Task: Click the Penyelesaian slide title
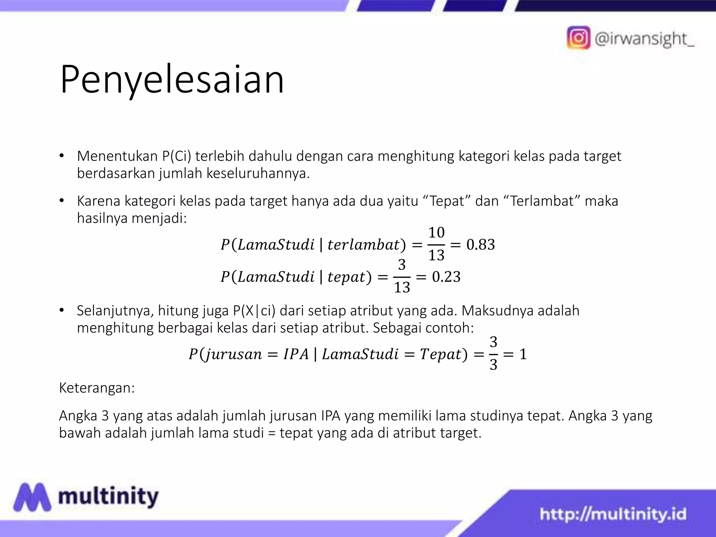coord(172,80)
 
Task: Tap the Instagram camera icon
coord(579,38)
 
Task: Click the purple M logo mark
coord(32,497)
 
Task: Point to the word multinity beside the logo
coord(108,496)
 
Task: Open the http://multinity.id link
coord(613,514)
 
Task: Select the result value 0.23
coord(446,277)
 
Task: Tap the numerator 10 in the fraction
coord(436,232)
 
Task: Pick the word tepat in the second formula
coord(346,277)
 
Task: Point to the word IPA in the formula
coord(296,354)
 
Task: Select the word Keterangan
coord(97,388)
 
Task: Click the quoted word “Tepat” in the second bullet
coord(446,201)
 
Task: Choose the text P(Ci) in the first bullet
coord(177,156)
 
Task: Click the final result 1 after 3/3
coord(523,354)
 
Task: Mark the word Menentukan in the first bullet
coord(117,156)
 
